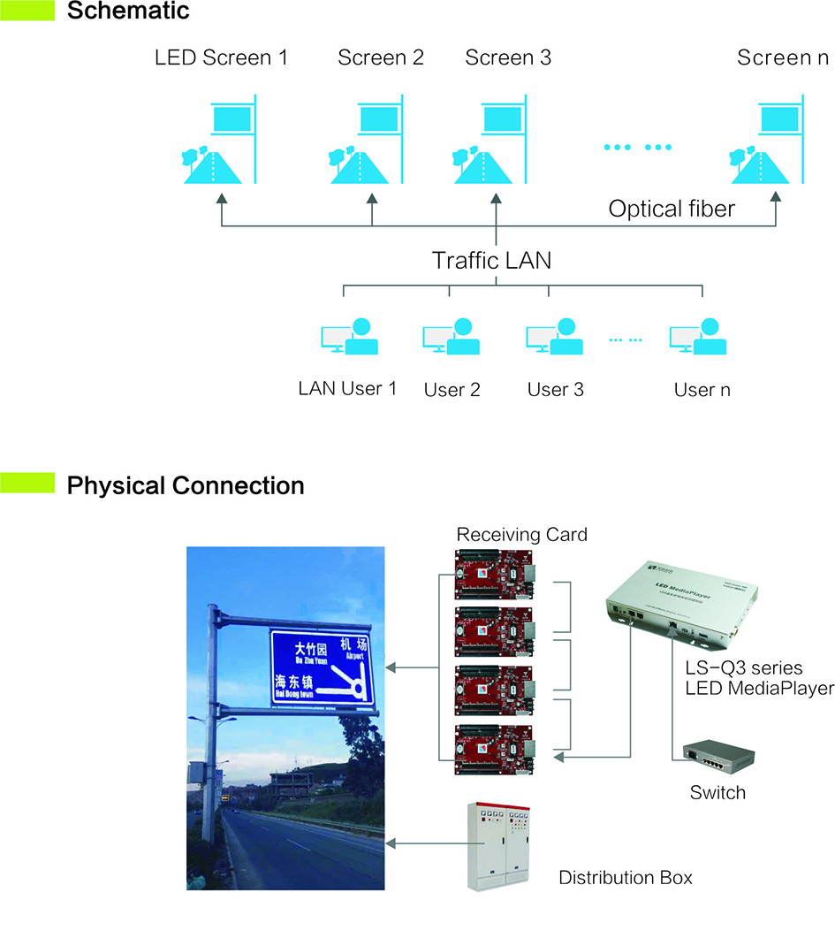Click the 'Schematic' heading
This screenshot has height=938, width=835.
(x=128, y=11)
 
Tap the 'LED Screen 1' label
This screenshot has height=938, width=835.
(x=221, y=58)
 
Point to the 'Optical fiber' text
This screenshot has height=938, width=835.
(x=672, y=210)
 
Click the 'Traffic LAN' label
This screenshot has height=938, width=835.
(x=491, y=261)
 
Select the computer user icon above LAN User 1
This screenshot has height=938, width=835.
(x=349, y=336)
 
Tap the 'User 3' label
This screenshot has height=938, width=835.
(x=555, y=389)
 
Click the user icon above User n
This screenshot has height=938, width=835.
(x=698, y=336)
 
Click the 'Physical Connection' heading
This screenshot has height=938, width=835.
(x=186, y=485)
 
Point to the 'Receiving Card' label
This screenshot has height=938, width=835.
(x=521, y=535)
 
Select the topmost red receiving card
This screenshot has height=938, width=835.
(x=494, y=570)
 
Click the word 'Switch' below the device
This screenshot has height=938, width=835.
(x=717, y=793)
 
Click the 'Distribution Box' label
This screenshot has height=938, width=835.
(x=626, y=878)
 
